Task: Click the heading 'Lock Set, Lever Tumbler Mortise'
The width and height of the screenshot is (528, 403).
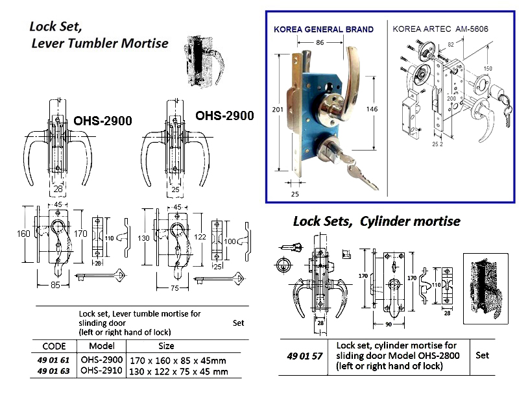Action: coord(99,35)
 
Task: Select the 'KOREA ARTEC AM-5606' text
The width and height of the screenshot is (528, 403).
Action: coord(440,30)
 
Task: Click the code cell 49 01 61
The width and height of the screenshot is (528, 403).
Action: coord(54,359)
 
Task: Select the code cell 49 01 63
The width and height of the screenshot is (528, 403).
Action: coord(54,371)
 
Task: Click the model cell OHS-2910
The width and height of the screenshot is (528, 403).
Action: coord(102,371)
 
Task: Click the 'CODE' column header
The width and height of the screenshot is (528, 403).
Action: coord(54,346)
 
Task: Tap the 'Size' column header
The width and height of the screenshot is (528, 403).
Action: coord(166,346)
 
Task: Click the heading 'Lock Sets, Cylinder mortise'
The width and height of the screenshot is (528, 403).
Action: coord(376,221)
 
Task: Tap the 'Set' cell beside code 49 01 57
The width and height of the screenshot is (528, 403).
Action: coord(482,355)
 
